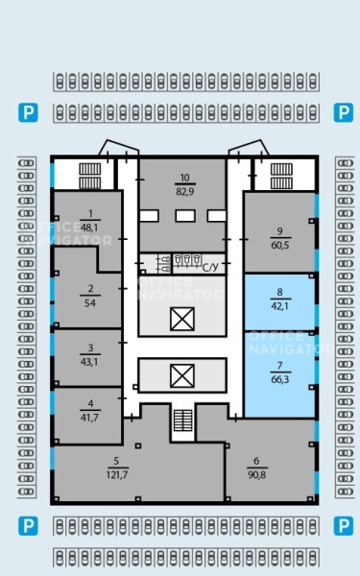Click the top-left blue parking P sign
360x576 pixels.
click(28, 112)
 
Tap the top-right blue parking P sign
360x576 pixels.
click(343, 112)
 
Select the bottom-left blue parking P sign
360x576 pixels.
click(28, 526)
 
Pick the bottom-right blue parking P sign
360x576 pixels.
click(343, 526)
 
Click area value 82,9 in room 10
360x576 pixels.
click(184, 191)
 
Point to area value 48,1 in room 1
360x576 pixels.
click(89, 228)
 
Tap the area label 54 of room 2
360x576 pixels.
click(90, 303)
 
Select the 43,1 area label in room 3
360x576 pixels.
click(89, 362)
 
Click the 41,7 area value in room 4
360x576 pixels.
click(89, 418)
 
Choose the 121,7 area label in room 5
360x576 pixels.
click(117, 474)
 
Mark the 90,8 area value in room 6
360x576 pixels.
click(256, 474)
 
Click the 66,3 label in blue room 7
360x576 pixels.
click(280, 379)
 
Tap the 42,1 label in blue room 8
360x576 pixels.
click(280, 305)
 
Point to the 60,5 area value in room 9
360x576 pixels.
click(280, 245)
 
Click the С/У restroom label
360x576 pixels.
click(210, 267)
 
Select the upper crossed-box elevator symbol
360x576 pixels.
click(182, 319)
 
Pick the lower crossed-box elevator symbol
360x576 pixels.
click(182, 375)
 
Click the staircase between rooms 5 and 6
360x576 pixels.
click(183, 420)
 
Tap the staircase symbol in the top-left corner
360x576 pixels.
click(90, 176)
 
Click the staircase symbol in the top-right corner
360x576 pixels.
click(281, 176)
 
